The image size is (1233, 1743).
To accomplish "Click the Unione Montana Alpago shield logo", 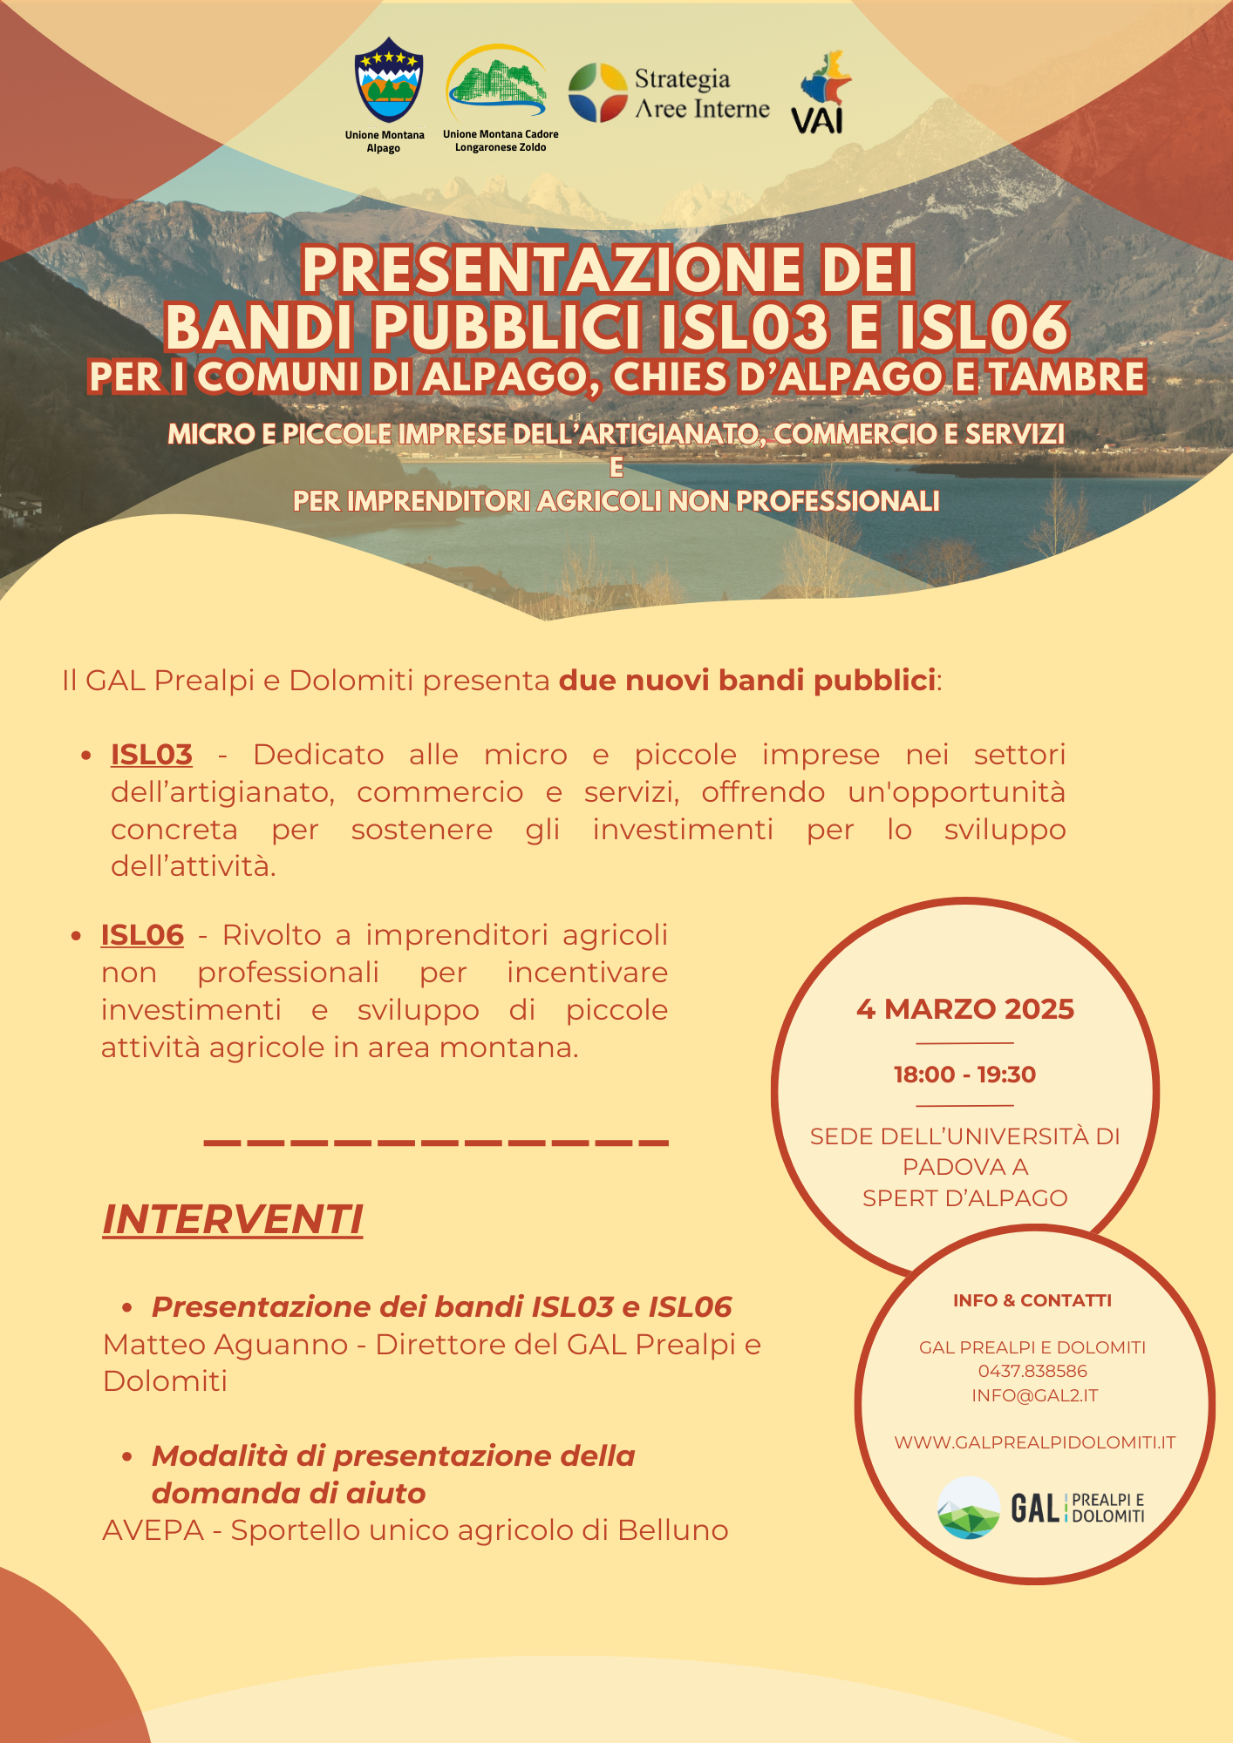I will tap(389, 80).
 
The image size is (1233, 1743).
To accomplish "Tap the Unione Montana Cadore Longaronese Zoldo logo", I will tap(497, 85).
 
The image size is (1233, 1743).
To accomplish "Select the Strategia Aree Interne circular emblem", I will tap(598, 92).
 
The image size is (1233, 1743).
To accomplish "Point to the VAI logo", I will tap(821, 93).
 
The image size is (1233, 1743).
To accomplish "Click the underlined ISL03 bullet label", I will tap(152, 755).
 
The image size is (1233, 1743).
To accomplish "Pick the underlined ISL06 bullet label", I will tap(142, 935).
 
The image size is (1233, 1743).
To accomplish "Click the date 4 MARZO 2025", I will tap(964, 1009).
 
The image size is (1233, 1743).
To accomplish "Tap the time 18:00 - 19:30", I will tap(964, 1075).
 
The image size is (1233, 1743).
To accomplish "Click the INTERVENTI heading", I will tap(233, 1219).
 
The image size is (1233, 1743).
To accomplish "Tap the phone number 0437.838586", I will tap(1032, 1371).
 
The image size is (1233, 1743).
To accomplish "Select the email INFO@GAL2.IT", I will tap(1034, 1395).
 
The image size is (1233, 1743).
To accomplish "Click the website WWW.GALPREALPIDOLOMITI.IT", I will tap(1034, 1442).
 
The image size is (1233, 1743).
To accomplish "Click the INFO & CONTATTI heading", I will tap(1032, 1300).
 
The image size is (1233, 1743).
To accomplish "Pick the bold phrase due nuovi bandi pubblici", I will tap(747, 681).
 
